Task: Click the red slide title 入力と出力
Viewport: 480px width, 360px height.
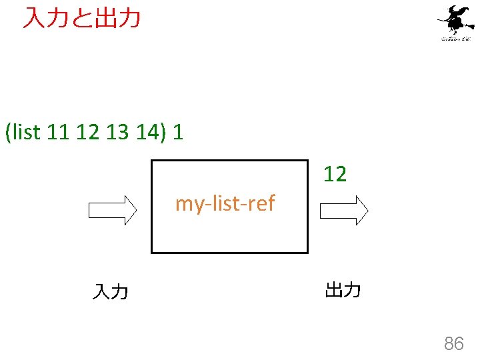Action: tap(81, 18)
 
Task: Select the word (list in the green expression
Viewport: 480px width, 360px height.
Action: tap(23, 132)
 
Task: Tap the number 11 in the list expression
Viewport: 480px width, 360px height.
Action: tap(58, 132)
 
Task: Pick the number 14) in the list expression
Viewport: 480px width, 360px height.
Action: tap(147, 132)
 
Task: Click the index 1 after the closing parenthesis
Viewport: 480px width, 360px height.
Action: tap(177, 132)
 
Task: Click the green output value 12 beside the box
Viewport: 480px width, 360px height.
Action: tap(335, 175)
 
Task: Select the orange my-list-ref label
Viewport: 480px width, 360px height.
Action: tap(225, 203)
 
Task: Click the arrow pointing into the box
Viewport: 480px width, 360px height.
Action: tap(113, 211)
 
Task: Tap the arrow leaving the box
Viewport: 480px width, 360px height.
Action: tap(344, 211)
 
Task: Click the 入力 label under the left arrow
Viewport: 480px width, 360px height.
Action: tap(111, 291)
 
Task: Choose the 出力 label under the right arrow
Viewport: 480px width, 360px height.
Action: tap(343, 290)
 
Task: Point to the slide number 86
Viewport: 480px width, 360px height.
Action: tap(454, 344)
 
